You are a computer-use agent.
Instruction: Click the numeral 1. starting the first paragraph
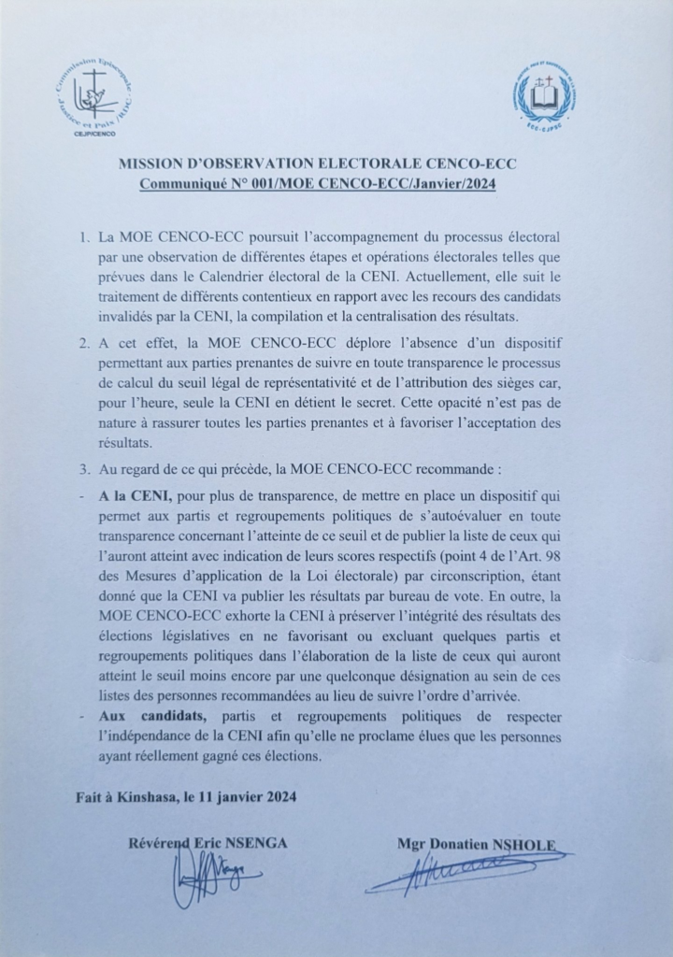85,240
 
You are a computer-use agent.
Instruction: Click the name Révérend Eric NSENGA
207,844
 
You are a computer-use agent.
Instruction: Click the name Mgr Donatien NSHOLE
476,846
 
